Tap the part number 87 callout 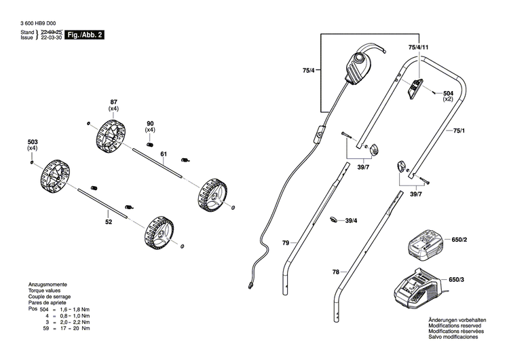[x=113, y=101]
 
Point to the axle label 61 [x=163, y=155]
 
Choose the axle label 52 [x=109, y=221]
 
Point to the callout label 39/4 [x=352, y=221]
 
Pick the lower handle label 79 [x=286, y=242]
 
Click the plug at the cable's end [x=251, y=285]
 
